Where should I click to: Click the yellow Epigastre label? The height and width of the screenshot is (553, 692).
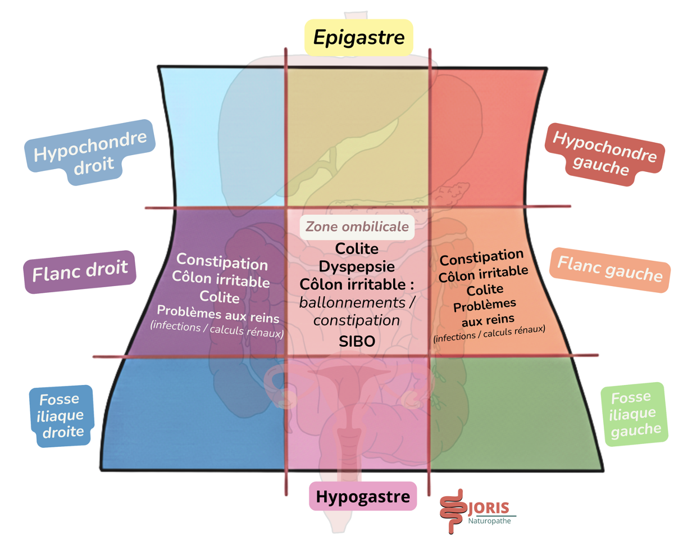[359, 38]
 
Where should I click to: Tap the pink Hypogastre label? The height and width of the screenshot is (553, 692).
[363, 496]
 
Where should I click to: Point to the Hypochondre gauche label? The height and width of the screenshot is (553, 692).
[604, 154]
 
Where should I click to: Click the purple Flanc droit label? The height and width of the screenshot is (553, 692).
[80, 272]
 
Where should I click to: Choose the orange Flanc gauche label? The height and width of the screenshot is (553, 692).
[610, 269]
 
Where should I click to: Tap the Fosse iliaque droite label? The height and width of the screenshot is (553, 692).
[61, 416]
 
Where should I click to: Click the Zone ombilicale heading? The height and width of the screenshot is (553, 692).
[357, 227]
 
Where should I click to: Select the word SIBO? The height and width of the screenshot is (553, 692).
[357, 341]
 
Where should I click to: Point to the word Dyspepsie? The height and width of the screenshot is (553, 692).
[357, 266]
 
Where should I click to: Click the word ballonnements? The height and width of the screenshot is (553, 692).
[352, 302]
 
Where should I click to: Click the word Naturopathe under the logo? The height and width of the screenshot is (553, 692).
[489, 521]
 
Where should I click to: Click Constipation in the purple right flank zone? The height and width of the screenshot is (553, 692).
[222, 261]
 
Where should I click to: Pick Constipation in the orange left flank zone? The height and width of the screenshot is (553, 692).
[481, 258]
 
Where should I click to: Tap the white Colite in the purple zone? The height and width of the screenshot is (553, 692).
[219, 297]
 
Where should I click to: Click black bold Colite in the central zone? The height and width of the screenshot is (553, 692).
[357, 248]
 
